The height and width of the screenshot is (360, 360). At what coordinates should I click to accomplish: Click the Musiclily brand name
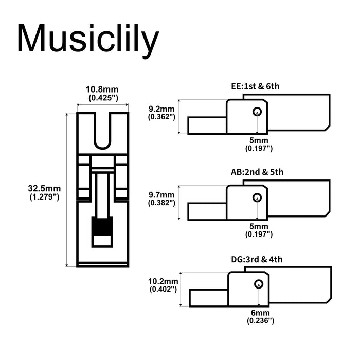87,39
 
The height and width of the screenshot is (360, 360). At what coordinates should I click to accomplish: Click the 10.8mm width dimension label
103,89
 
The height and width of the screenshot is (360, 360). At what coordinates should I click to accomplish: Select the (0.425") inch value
103,97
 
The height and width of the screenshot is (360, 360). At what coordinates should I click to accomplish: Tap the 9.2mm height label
161,109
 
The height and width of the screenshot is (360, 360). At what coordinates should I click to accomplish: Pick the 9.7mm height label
161,195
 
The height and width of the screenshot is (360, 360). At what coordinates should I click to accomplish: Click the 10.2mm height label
163,281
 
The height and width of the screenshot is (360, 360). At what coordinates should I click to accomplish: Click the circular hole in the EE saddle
257,112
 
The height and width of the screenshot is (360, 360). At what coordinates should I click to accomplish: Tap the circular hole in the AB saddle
257,197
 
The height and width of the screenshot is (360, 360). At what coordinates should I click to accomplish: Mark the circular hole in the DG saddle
258,283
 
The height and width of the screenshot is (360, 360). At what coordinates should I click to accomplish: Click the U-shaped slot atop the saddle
103,130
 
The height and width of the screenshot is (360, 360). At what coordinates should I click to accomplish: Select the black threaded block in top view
102,225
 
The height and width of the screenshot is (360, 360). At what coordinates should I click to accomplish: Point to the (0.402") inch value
163,290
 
